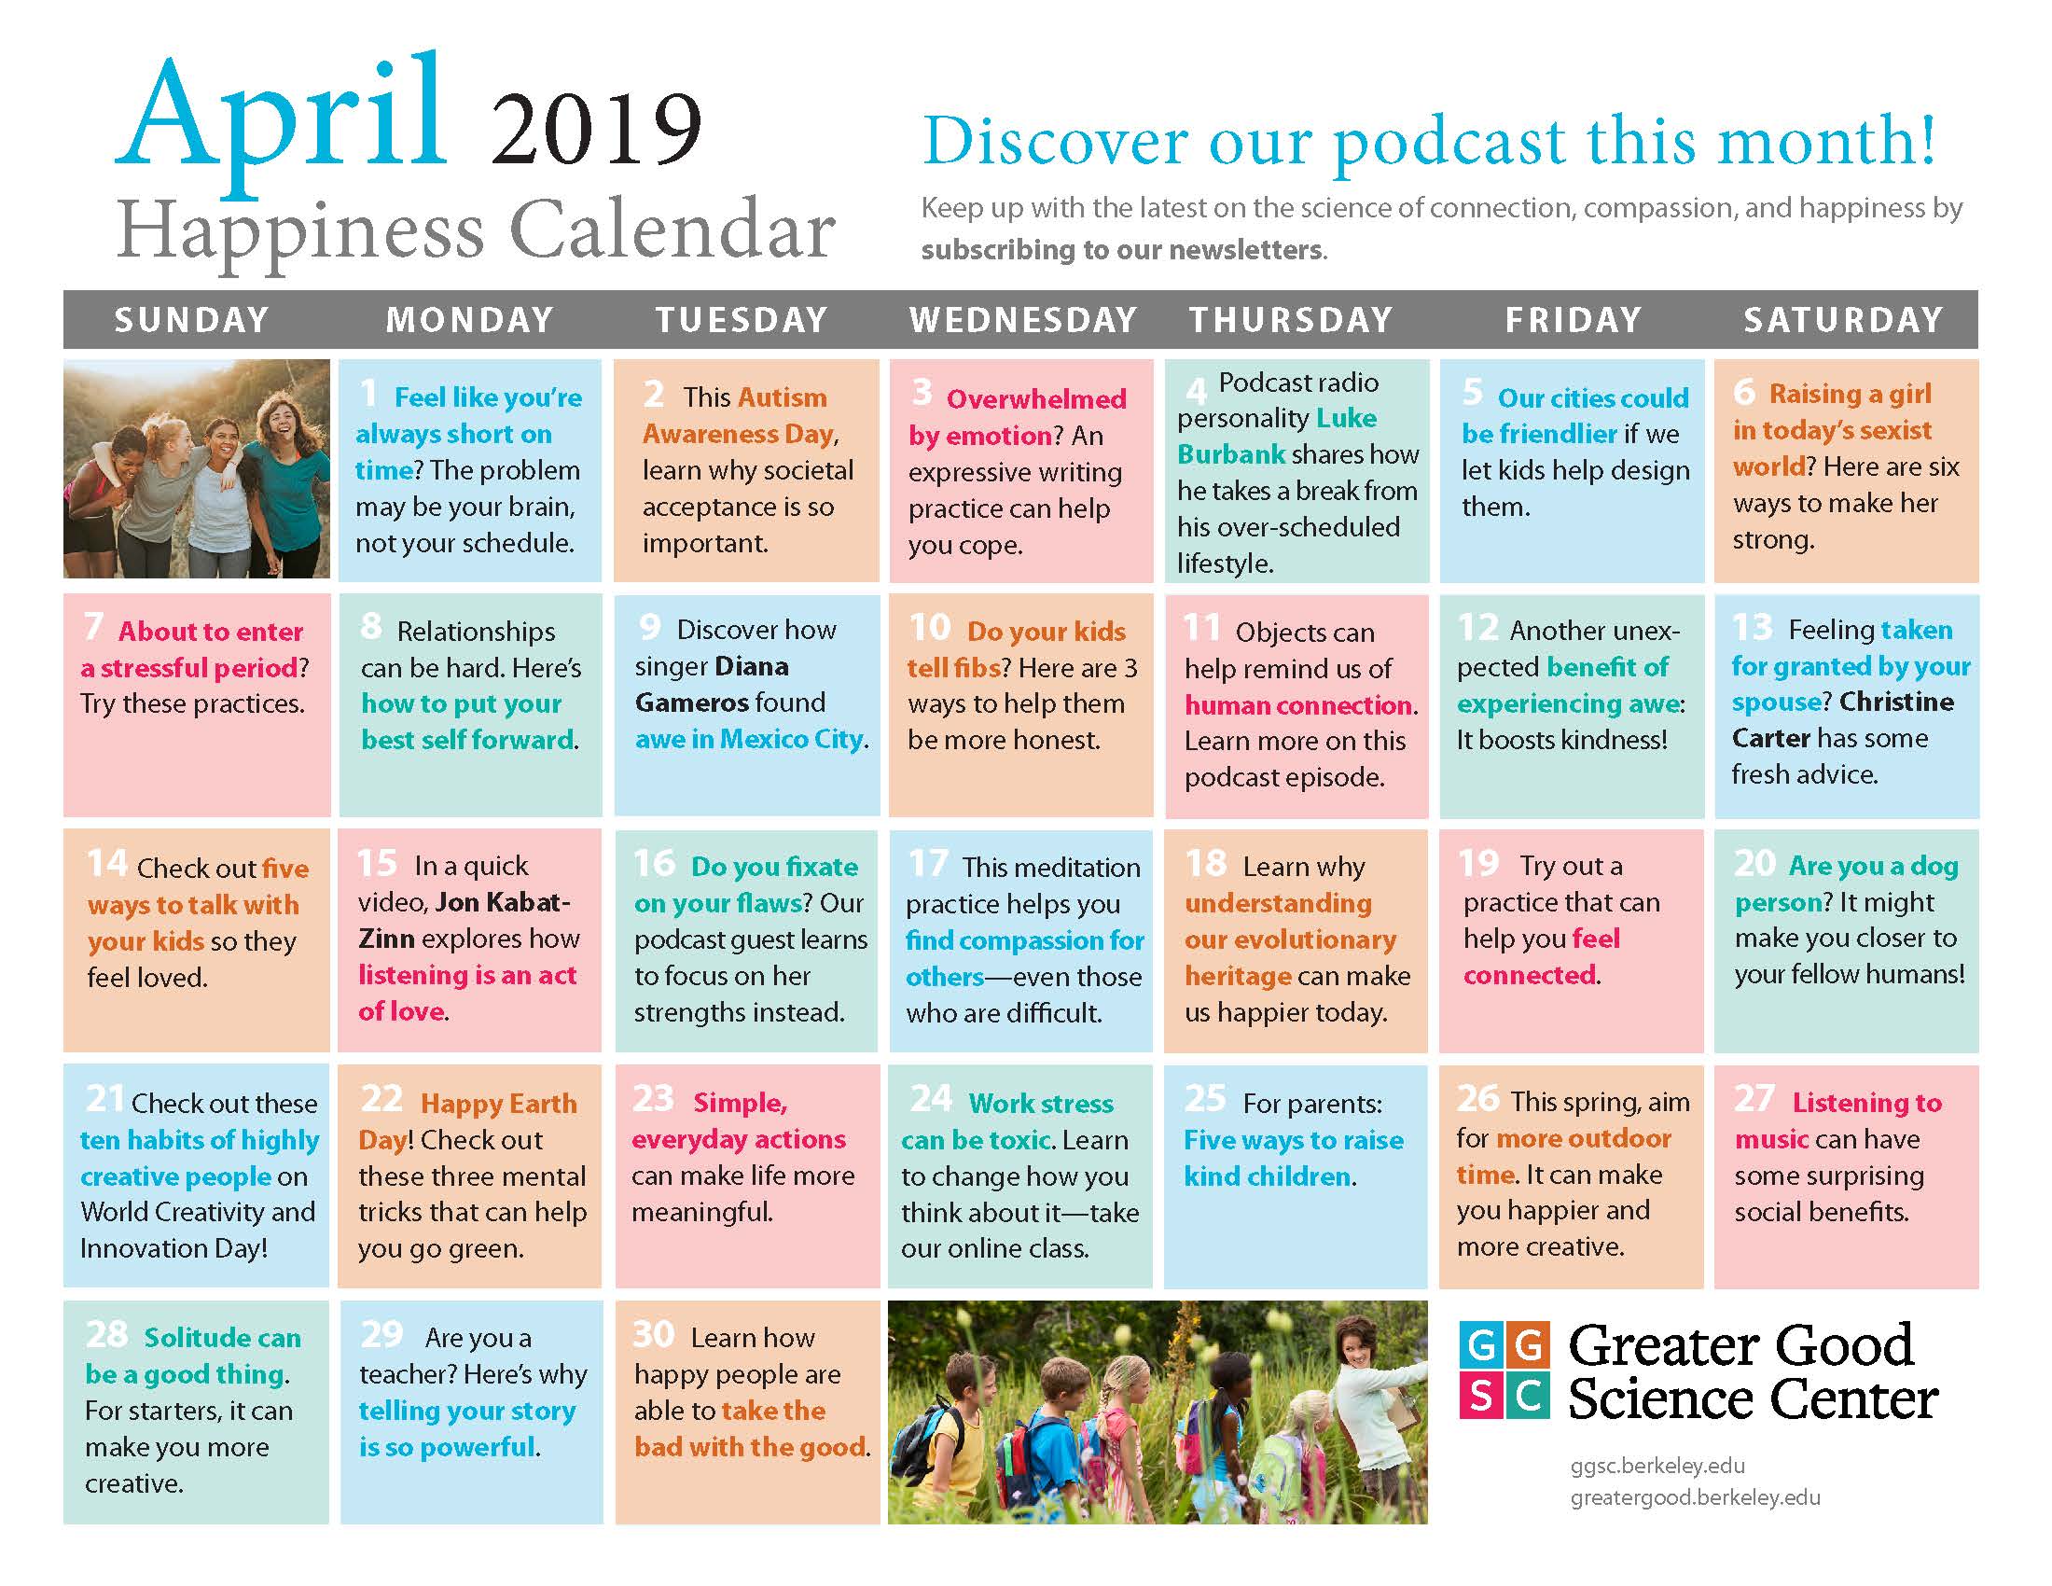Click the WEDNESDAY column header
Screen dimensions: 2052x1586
pyautogui.click(x=1022, y=320)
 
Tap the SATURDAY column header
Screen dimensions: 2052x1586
pyautogui.click(x=1843, y=320)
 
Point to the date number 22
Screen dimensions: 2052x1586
pyautogui.click(x=381, y=1098)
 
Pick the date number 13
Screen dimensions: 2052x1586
pyautogui.click(x=1753, y=627)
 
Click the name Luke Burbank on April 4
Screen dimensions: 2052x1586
pyautogui.click(x=1278, y=436)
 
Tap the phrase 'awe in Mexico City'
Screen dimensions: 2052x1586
pyautogui.click(x=749, y=740)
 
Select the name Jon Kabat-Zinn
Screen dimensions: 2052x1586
pyautogui.click(x=464, y=920)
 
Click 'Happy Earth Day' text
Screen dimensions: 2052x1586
pyautogui.click(x=467, y=1120)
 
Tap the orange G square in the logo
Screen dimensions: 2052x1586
pyautogui.click(x=1528, y=1344)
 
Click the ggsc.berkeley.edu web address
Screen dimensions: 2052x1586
pyautogui.click(x=1657, y=1466)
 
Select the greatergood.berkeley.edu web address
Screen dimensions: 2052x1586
pyautogui.click(x=1695, y=1496)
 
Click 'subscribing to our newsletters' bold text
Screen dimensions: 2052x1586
pyautogui.click(x=1122, y=250)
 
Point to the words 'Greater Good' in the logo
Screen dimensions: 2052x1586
pyautogui.click(x=1740, y=1345)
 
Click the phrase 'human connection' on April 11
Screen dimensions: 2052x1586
pyautogui.click(x=1298, y=704)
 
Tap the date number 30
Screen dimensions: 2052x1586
pyautogui.click(x=653, y=1333)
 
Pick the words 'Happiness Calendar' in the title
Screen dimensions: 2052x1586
pyautogui.click(x=477, y=230)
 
